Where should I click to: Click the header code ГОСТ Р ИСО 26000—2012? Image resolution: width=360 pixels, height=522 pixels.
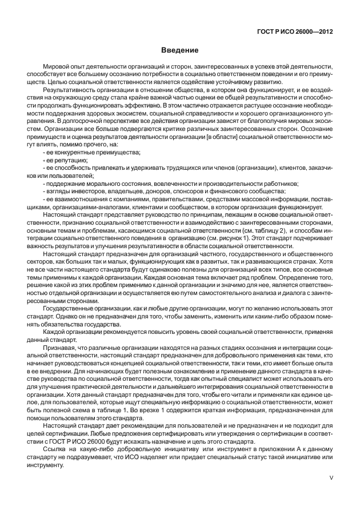296,33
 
